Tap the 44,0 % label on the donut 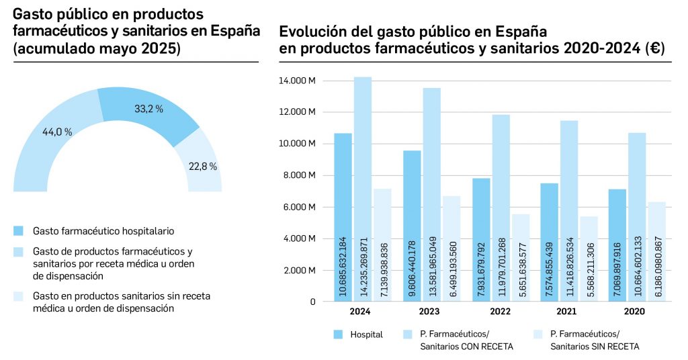[x=57, y=132]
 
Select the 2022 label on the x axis [x=500, y=312]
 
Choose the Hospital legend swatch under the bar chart [x=337, y=334]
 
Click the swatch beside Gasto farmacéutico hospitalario [x=19, y=231]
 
